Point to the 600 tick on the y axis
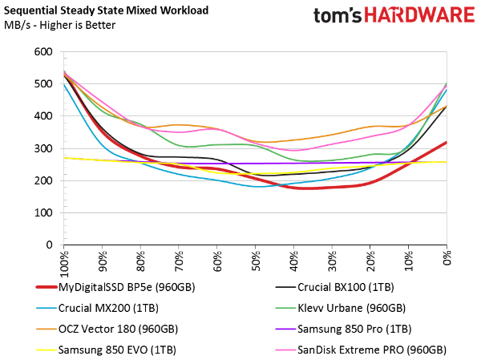(42, 52)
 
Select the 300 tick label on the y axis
(42, 148)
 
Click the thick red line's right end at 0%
(447, 142)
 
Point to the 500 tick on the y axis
(42, 84)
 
